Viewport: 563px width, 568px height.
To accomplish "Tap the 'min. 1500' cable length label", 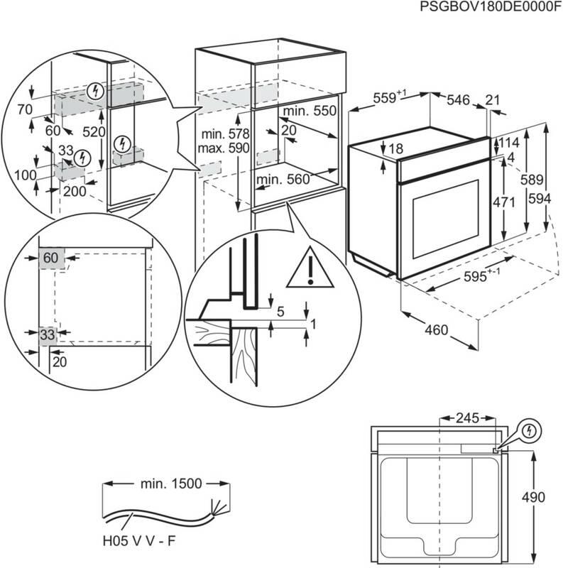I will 168,484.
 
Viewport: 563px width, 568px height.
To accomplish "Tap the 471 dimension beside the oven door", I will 503,202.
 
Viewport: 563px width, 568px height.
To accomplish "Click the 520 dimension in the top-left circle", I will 94,133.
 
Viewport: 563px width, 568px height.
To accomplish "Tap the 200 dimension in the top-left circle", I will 75,191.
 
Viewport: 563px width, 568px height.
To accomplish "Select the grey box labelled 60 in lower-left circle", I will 50,258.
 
